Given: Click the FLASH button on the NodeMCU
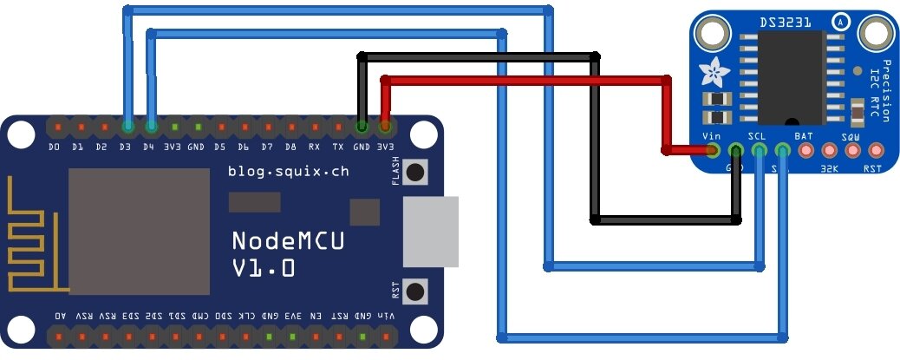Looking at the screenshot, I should pyautogui.click(x=416, y=171).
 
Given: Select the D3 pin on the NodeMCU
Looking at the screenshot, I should pyautogui.click(x=127, y=128).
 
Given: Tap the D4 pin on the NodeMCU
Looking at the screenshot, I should pyautogui.click(x=151, y=128).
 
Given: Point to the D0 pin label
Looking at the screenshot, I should pyautogui.click(x=55, y=147).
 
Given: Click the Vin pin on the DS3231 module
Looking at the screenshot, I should pyautogui.click(x=713, y=151).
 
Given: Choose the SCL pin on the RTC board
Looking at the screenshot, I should pyautogui.click(x=760, y=151).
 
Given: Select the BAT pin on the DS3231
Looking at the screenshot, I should pyautogui.click(x=805, y=151).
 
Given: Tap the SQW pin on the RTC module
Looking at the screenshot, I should pyautogui.click(x=852, y=151).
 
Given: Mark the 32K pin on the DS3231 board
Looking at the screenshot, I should pyautogui.click(x=829, y=151).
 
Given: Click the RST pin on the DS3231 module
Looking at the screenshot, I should pyautogui.click(x=876, y=151).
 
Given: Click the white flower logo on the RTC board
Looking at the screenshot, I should pyautogui.click(x=715, y=69).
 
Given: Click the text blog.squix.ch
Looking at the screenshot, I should pyautogui.click(x=289, y=172).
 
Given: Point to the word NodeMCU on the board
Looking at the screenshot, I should pyautogui.click(x=288, y=241).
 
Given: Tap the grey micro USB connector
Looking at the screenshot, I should pyautogui.click(x=430, y=231).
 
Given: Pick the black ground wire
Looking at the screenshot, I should pyautogui.click(x=477, y=57).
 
